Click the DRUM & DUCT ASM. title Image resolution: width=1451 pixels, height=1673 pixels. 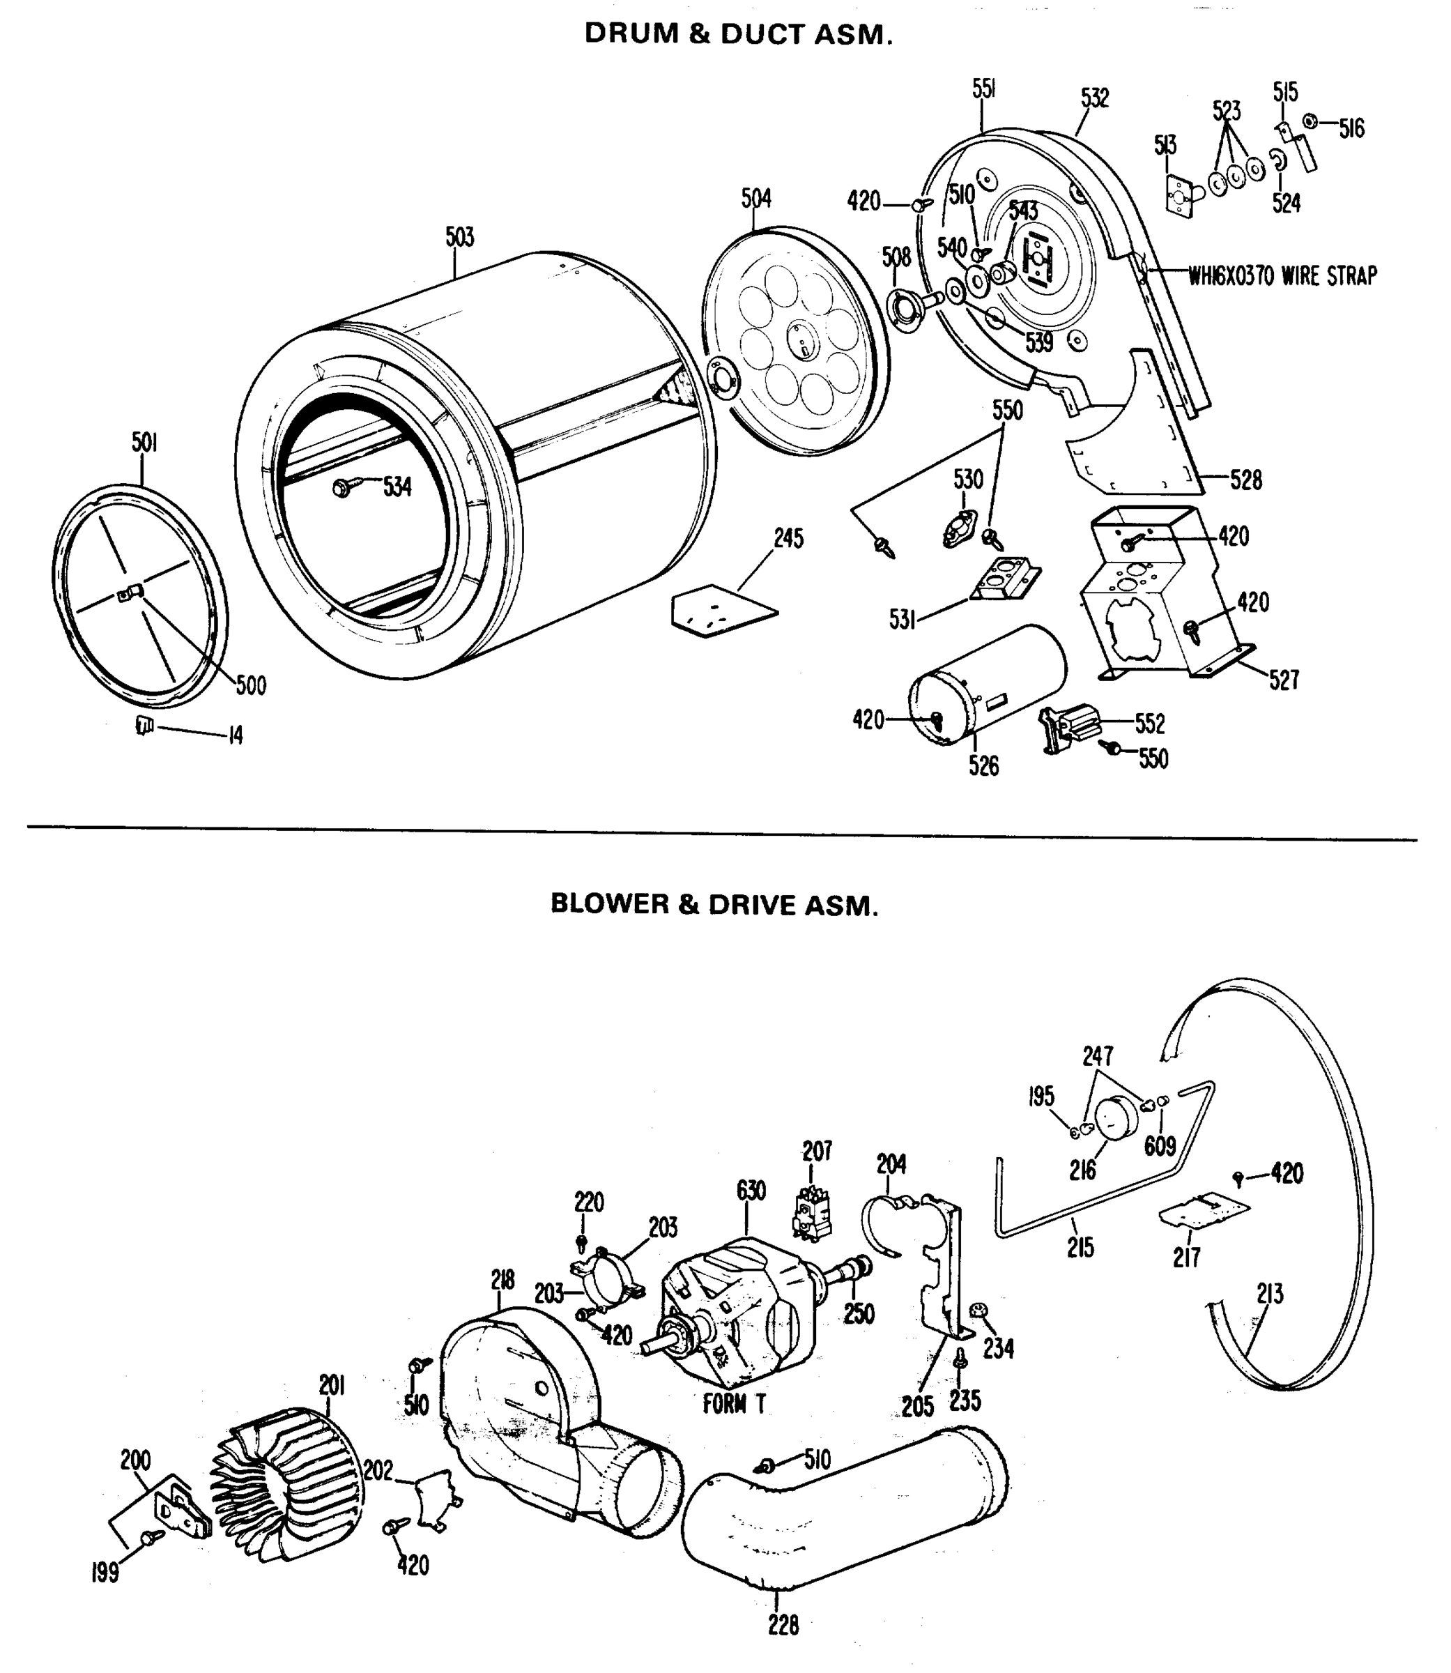[x=739, y=34]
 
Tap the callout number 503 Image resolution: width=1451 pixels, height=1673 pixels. [x=459, y=237]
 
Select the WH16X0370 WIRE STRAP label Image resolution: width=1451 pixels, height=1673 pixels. [x=1282, y=277]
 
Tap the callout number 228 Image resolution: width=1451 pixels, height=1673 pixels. [x=783, y=1624]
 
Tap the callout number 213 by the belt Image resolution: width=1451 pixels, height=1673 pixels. [x=1270, y=1294]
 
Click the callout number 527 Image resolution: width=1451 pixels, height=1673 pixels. [x=1284, y=680]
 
